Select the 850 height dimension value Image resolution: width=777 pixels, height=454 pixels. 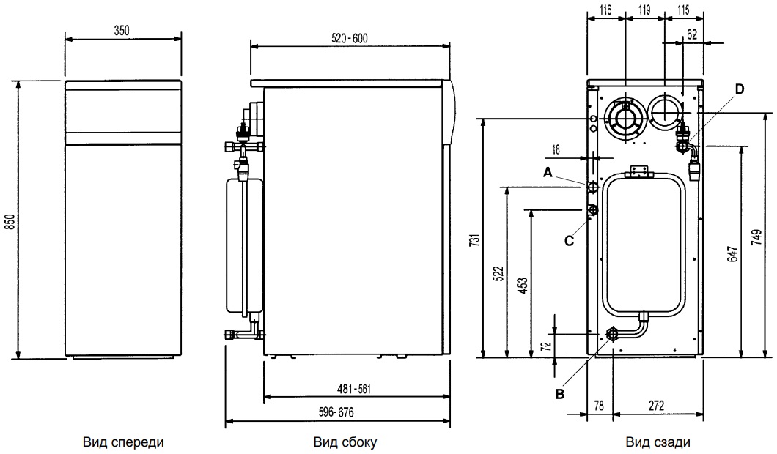[x=9, y=220]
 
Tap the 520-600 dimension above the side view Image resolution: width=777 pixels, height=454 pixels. [x=349, y=39]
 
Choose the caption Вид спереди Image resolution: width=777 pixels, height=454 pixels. [x=123, y=442]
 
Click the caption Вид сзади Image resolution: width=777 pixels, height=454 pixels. [x=658, y=442]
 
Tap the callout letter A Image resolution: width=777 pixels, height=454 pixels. [x=546, y=172]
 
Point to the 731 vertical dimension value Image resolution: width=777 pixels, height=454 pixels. [x=474, y=241]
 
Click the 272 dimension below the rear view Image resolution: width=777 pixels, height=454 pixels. [x=656, y=404]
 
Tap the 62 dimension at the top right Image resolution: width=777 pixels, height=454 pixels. [x=693, y=34]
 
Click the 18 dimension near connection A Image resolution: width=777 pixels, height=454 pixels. [x=555, y=149]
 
